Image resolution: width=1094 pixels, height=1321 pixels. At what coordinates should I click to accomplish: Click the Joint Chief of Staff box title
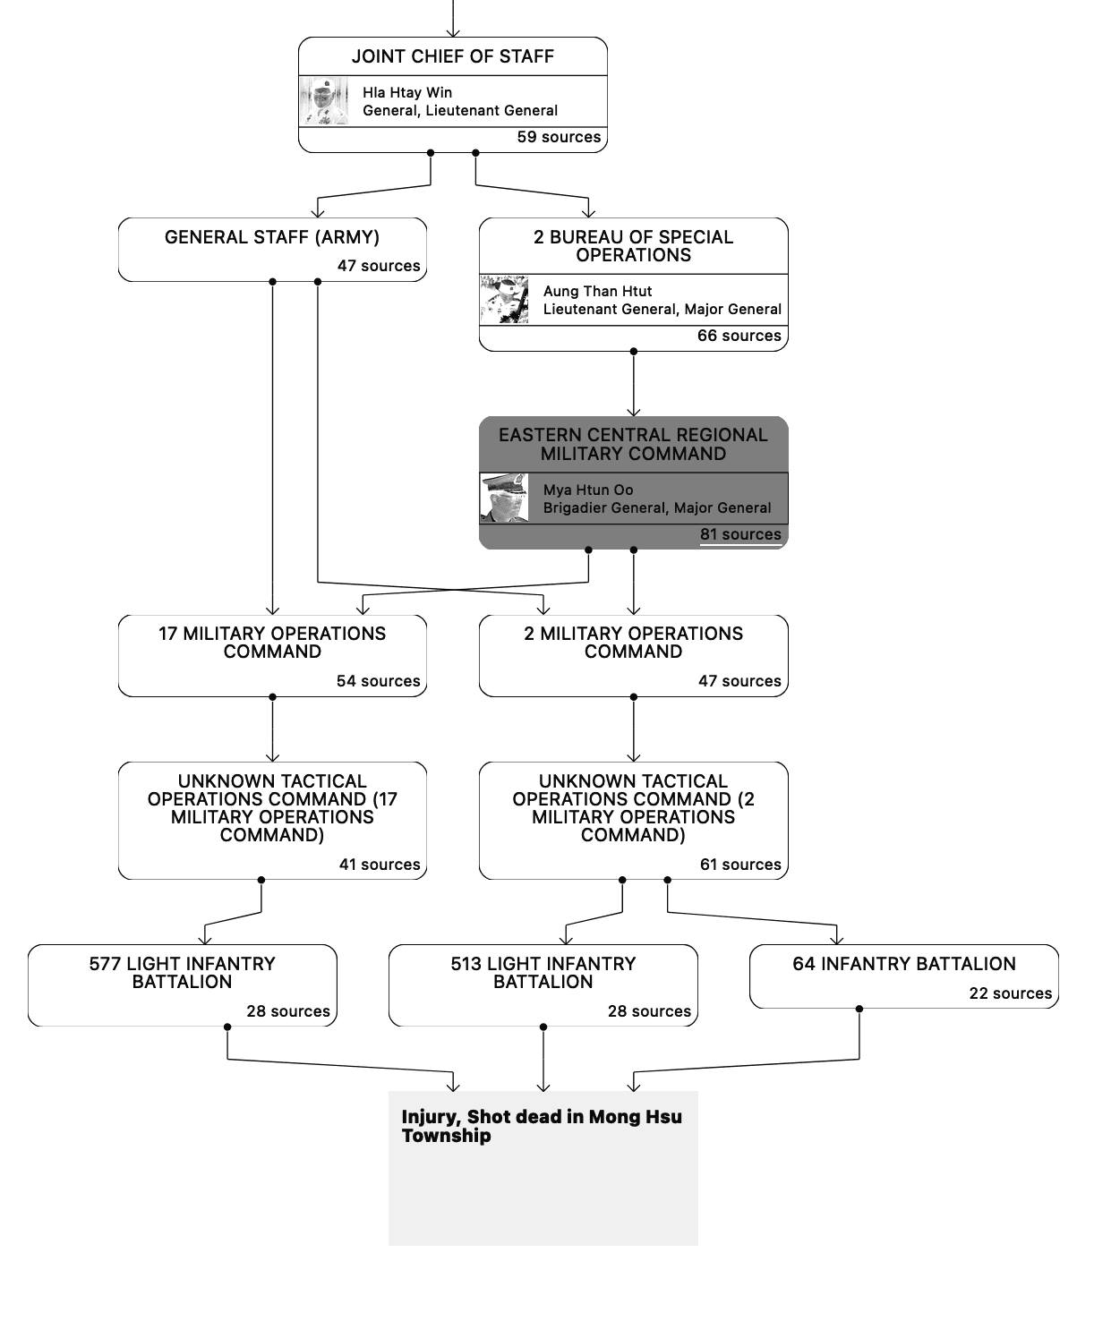(x=452, y=56)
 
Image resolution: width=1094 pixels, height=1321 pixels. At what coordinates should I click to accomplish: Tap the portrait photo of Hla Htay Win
(x=324, y=101)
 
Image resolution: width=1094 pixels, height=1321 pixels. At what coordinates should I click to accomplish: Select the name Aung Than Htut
(x=597, y=291)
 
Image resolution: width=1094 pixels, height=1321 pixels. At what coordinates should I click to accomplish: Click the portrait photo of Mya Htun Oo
(x=504, y=499)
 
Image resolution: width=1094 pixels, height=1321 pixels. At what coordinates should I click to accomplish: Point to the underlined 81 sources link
(x=740, y=534)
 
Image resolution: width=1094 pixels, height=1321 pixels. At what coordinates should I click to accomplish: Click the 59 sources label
(x=559, y=137)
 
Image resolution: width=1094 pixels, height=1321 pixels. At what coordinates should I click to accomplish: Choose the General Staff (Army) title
(x=272, y=237)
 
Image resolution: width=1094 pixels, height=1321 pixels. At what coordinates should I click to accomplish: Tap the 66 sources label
(x=739, y=336)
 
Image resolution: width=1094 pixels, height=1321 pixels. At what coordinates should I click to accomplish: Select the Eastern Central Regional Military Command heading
(x=633, y=444)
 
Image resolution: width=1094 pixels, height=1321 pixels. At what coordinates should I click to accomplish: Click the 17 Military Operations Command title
(x=272, y=643)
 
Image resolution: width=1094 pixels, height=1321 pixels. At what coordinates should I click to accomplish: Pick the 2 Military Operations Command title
(x=633, y=643)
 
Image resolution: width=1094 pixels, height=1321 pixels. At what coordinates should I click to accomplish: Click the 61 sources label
(x=740, y=865)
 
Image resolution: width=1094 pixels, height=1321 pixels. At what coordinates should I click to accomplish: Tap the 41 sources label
(x=380, y=865)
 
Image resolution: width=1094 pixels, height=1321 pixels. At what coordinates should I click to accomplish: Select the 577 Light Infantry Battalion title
(x=183, y=973)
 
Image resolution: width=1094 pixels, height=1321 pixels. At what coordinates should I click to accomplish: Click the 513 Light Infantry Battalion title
(x=543, y=973)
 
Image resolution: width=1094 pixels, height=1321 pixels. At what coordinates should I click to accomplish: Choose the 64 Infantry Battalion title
(x=904, y=964)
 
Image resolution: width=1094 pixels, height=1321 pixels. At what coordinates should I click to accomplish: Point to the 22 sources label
(x=1011, y=993)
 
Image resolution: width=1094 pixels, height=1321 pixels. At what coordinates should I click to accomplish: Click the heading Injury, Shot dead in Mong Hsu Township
(x=541, y=1126)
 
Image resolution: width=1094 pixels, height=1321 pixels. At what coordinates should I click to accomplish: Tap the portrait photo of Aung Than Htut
(x=504, y=300)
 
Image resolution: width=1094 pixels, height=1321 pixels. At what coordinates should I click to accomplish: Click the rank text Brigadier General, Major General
(x=657, y=507)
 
